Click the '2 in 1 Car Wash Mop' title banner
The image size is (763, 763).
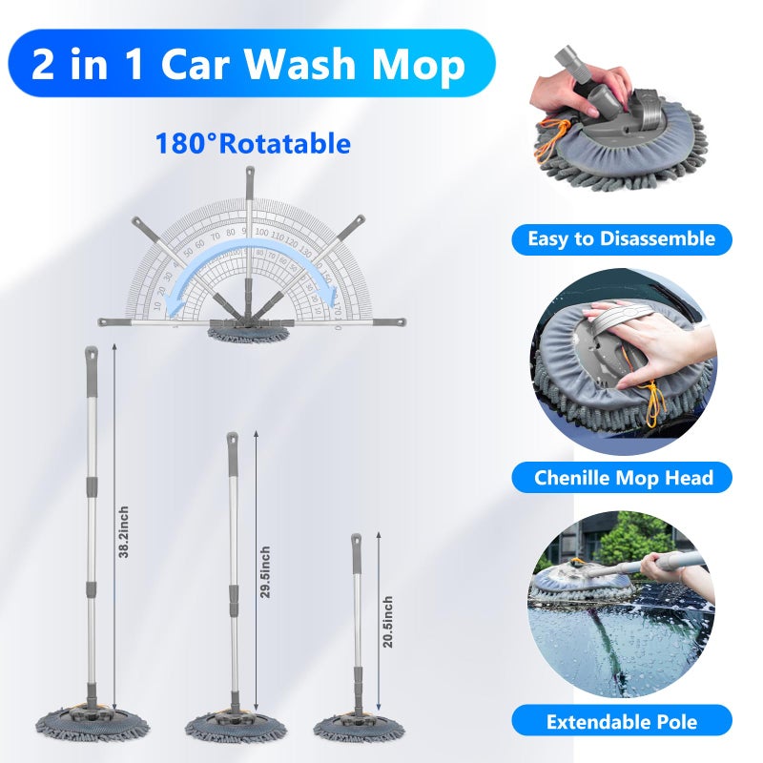click(x=249, y=65)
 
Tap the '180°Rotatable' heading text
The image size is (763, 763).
click(x=253, y=144)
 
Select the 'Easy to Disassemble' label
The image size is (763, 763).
click(x=621, y=238)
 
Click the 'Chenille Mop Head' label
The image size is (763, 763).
click(x=621, y=477)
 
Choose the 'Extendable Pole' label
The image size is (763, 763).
click(x=621, y=721)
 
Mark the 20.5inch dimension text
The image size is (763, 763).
click(x=387, y=622)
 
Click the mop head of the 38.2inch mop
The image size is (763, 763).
click(x=93, y=726)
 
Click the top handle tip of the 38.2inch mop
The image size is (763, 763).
click(x=92, y=355)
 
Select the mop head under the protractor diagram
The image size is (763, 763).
click(x=248, y=333)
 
